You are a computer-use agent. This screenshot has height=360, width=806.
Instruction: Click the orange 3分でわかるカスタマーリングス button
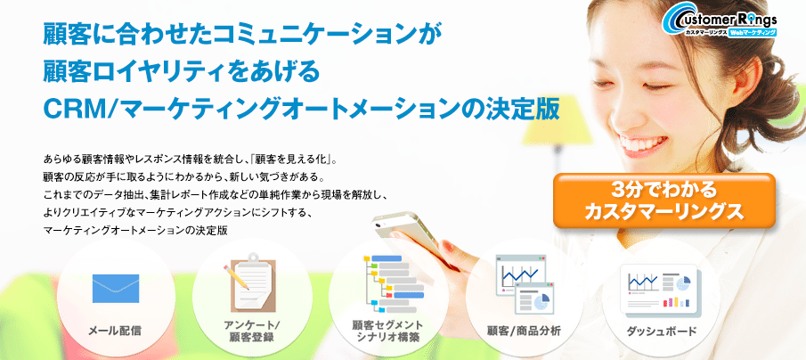pyautogui.click(x=664, y=200)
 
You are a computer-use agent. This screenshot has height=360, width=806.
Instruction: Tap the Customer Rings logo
pyautogui.click(x=720, y=20)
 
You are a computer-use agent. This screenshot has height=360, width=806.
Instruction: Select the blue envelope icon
pyautogui.click(x=116, y=289)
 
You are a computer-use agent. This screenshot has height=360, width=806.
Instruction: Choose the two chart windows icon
pyautogui.click(x=525, y=283)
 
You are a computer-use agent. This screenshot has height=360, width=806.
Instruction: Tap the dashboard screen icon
pyautogui.click(x=658, y=289)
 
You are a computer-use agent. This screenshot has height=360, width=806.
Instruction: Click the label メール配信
pyautogui.click(x=115, y=331)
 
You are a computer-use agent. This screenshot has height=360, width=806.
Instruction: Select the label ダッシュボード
pyautogui.click(x=662, y=331)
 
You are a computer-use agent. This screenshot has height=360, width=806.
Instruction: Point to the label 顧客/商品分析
pyautogui.click(x=525, y=331)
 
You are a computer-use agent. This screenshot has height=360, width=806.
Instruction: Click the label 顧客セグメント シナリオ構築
pyautogui.click(x=387, y=331)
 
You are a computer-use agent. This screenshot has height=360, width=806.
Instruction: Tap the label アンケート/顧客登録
pyautogui.click(x=252, y=331)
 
